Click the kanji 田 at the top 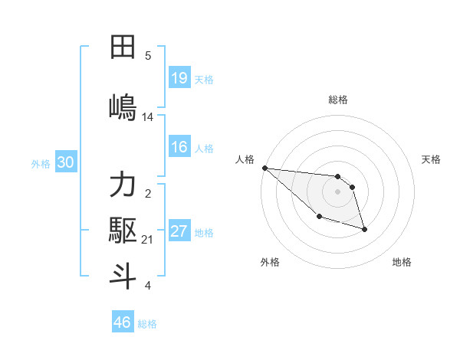tap(123, 47)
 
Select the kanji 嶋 tap(123, 106)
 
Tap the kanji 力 tap(123, 185)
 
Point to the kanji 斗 tap(123, 276)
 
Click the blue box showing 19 tap(179, 77)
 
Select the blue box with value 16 tap(179, 147)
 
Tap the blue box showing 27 tap(179, 231)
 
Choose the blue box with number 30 tap(65, 162)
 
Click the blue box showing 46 tap(123, 322)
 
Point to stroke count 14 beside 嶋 tap(148, 116)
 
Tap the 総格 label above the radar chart tap(337, 100)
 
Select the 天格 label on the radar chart tap(432, 159)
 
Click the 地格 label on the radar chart tap(402, 262)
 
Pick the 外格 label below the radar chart tap(270, 262)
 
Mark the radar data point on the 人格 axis tap(264, 168)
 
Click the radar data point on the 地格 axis tap(364, 229)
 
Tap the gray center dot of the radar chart tap(337, 191)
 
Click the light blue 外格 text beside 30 tap(41, 163)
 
